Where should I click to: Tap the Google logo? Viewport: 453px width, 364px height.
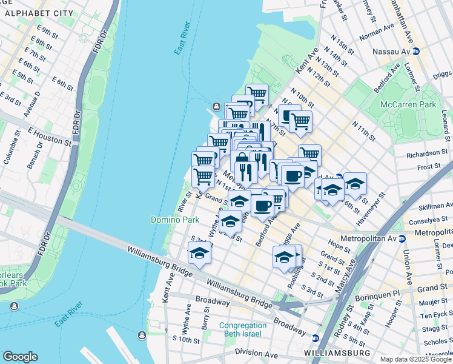tap(20, 357)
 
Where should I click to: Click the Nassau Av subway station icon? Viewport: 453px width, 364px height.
tap(417, 52)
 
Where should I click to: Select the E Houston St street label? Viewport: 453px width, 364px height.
tap(49, 136)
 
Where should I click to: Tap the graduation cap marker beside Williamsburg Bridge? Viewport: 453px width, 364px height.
tap(199, 252)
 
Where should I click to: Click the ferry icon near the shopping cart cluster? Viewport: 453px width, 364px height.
tap(216, 109)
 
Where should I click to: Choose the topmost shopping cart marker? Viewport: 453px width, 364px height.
tap(257, 93)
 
